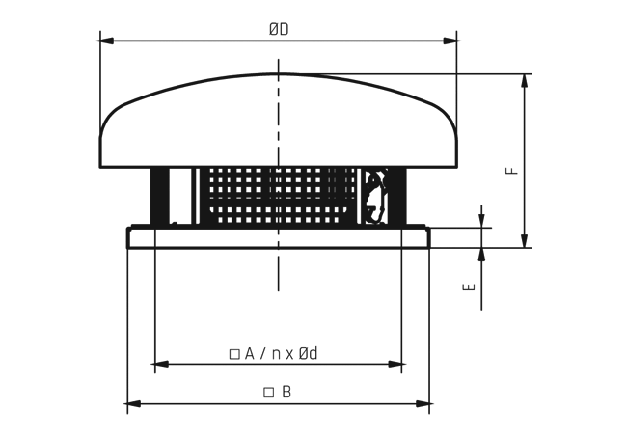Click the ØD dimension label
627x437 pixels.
(x=279, y=29)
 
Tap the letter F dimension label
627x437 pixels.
(x=512, y=171)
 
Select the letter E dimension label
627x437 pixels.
(x=469, y=287)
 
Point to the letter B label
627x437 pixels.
(x=286, y=392)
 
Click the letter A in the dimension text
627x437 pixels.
(x=249, y=353)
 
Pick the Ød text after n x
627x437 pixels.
(x=309, y=353)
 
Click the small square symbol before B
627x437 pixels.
(x=269, y=393)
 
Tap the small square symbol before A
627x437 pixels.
(x=234, y=354)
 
